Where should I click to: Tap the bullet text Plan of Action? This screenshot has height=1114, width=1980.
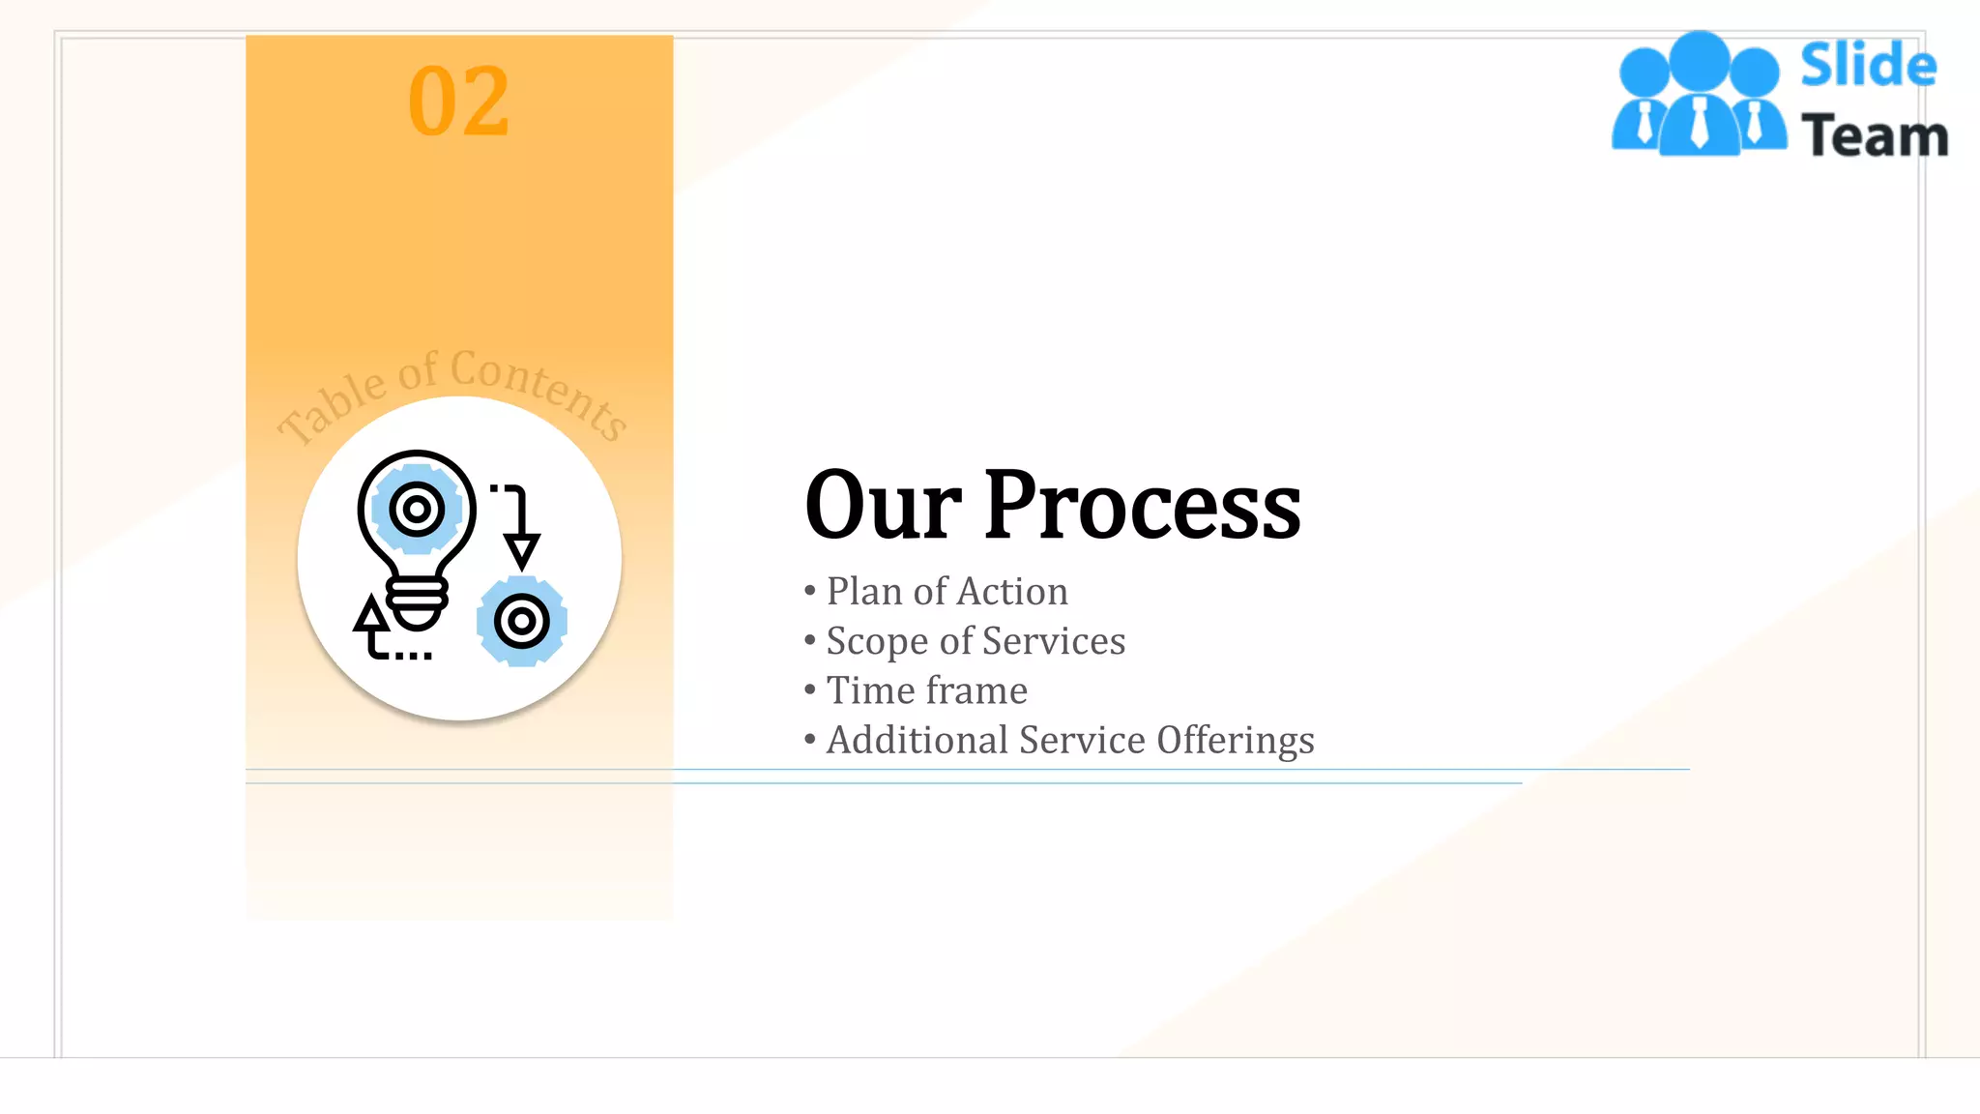pos(946,592)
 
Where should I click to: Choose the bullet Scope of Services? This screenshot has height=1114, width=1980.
pos(975,641)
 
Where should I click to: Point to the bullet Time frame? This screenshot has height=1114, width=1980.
pos(926,690)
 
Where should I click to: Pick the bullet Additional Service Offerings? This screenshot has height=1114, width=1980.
pos(1069,740)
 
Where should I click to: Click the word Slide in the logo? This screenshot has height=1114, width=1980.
pos(1868,66)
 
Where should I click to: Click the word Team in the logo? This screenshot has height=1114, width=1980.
pos(1874,135)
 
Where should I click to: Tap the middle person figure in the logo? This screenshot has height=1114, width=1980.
pos(1699,97)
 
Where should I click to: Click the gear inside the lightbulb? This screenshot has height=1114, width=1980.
pos(417,509)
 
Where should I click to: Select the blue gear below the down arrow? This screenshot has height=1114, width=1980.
pos(522,621)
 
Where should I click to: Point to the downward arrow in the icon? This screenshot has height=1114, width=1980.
pos(521,532)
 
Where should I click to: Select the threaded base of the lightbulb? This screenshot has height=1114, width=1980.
pos(417,600)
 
